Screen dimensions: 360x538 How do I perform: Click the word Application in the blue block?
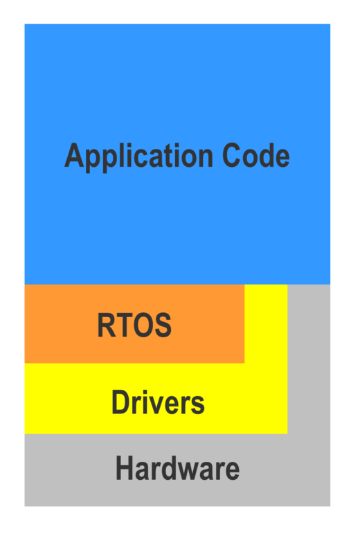[x=138, y=156]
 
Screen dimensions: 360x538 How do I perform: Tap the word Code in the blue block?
[x=256, y=155]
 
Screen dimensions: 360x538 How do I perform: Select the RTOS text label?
[x=134, y=325]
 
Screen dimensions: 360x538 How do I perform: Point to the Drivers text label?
[x=158, y=402]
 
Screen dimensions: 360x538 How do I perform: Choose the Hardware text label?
[x=177, y=468]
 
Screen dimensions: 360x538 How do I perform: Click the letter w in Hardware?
[x=193, y=471]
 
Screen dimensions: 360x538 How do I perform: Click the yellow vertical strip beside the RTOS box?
[x=266, y=323]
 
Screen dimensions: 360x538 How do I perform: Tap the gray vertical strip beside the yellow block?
[x=309, y=359]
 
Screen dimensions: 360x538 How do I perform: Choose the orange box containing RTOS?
[x=134, y=323]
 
